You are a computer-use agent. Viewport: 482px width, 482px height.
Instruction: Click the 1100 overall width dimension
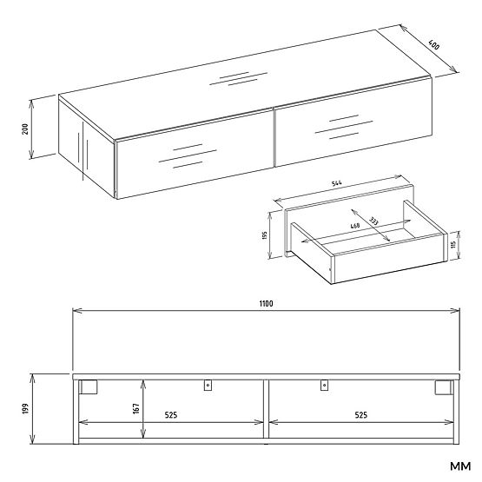pyautogui.click(x=266, y=303)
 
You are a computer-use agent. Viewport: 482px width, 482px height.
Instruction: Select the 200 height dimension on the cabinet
pyautogui.click(x=26, y=129)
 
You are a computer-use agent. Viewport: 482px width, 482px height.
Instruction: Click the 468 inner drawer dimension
pyautogui.click(x=355, y=226)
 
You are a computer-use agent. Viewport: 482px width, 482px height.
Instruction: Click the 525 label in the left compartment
pyautogui.click(x=172, y=416)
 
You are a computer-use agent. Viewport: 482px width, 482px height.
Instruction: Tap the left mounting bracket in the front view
pyautogui.click(x=208, y=386)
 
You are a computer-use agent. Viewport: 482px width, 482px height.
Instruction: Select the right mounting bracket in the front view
pyautogui.click(x=323, y=386)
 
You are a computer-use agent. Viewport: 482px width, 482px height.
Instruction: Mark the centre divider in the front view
pyautogui.click(x=266, y=408)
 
